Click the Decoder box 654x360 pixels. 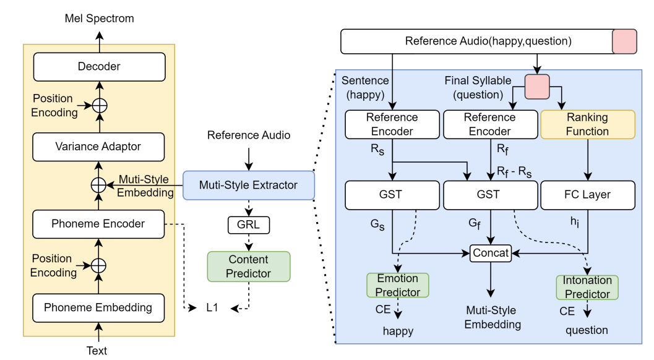point(99,67)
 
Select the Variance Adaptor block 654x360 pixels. point(99,147)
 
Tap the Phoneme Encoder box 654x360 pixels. point(99,224)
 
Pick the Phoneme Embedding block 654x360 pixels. point(98,307)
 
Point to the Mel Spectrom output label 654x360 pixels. point(99,19)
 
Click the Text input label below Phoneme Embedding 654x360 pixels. point(97,351)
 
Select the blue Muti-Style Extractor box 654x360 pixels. point(248,185)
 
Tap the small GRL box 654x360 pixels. point(248,225)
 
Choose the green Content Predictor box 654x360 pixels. point(249,267)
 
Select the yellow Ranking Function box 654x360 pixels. point(587,124)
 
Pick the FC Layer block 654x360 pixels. point(587,195)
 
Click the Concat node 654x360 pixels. point(491,252)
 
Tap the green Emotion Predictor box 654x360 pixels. point(397,285)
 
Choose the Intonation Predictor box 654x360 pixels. point(587,287)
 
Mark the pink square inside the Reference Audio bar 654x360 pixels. point(624,41)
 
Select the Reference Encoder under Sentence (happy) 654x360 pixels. point(392,124)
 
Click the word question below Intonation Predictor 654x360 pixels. point(587,330)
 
